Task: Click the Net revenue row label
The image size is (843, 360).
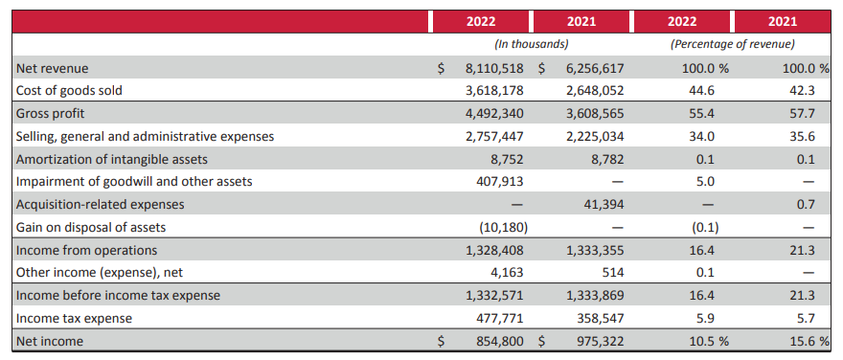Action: [x=52, y=68]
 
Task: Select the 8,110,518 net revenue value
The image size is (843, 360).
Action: [x=494, y=68]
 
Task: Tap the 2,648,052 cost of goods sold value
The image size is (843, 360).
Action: [x=595, y=91]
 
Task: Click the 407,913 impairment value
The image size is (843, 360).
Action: [x=501, y=182]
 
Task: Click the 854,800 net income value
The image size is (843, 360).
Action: [x=501, y=341]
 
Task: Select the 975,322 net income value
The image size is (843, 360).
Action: [x=602, y=341]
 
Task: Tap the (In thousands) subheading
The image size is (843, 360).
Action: [x=531, y=45]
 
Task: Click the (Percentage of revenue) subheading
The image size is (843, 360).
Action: [x=732, y=45]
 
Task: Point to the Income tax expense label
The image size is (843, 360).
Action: [x=74, y=318]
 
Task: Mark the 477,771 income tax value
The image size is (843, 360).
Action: [x=501, y=318]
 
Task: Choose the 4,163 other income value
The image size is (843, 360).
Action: [x=508, y=273]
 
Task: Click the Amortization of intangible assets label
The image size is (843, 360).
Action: [x=112, y=159]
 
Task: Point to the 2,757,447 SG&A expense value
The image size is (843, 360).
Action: [x=494, y=137]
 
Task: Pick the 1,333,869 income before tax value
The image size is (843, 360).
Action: [x=595, y=296]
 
